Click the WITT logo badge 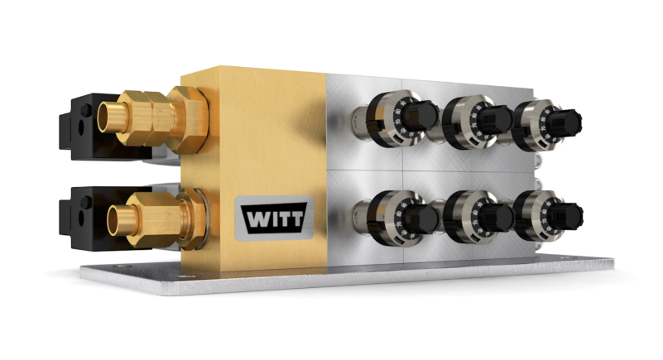click(x=273, y=217)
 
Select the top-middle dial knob click(x=495, y=121)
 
